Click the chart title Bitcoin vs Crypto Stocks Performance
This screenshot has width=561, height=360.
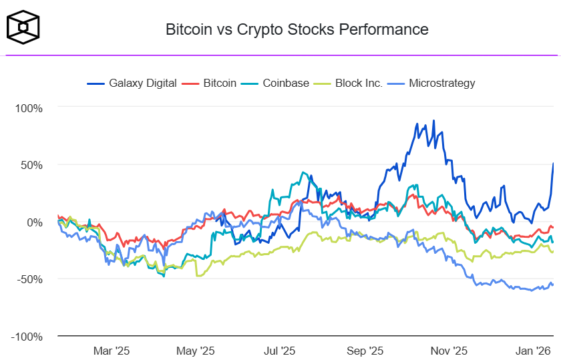pos(297,29)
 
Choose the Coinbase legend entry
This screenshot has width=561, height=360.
pos(279,83)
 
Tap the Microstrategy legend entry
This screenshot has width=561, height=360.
pos(434,83)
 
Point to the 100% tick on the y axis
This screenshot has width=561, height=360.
pos(29,108)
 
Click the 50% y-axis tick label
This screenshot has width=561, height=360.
pos(32,165)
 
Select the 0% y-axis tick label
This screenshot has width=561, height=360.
pos(35,222)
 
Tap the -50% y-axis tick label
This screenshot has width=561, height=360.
pos(31,279)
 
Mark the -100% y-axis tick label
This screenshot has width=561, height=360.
pos(28,337)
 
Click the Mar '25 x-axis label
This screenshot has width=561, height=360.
pos(112,350)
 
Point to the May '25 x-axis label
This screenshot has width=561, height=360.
pos(196,350)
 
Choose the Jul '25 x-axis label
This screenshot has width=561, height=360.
pos(280,350)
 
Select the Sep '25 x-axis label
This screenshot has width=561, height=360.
pos(365,350)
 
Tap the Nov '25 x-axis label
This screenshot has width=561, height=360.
pos(449,350)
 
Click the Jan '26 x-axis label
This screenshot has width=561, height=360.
pos(533,350)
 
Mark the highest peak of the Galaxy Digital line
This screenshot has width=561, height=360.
pos(433,121)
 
